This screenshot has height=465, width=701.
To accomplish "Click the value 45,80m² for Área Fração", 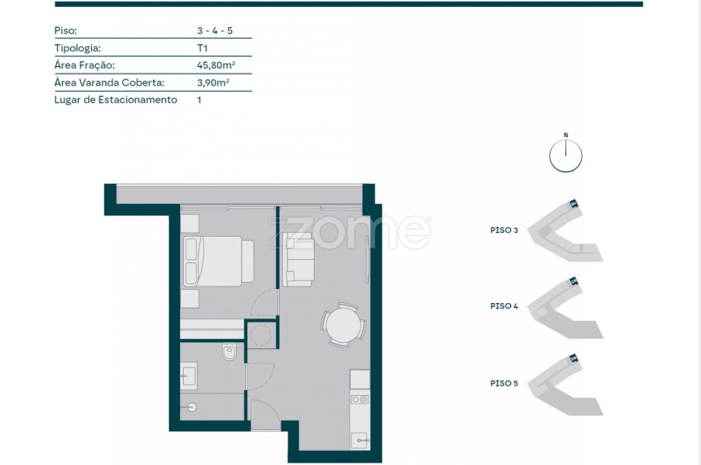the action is click(x=216, y=65).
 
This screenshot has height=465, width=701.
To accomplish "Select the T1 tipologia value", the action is click(x=202, y=48).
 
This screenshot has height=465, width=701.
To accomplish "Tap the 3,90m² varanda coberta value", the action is click(x=213, y=83).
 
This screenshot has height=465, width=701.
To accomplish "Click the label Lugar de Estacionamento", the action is click(x=116, y=100).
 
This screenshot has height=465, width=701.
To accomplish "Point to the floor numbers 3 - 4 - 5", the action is click(x=215, y=30).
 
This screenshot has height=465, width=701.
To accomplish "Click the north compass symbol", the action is click(x=565, y=154).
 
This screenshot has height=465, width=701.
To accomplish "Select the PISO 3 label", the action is click(x=504, y=231).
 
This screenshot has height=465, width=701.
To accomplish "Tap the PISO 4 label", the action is click(x=504, y=306).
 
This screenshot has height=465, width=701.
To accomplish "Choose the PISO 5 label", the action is click(x=504, y=384).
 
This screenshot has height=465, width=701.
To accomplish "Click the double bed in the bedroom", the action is click(x=219, y=261).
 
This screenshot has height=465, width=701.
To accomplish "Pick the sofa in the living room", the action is click(x=298, y=259).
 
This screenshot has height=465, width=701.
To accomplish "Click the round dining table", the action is click(x=343, y=325).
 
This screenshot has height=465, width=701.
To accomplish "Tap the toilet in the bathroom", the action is click(x=229, y=351).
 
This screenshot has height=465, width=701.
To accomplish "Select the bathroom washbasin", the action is click(x=188, y=376).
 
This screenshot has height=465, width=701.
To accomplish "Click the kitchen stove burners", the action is click(x=359, y=399).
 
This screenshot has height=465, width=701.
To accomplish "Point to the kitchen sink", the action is click(x=359, y=440).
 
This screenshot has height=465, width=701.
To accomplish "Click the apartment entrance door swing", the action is click(x=264, y=414).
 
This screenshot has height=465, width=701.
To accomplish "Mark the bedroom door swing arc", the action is click(x=264, y=303).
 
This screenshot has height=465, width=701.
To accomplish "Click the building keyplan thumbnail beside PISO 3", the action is click(x=565, y=231).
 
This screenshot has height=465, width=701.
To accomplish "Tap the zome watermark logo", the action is click(x=350, y=232).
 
